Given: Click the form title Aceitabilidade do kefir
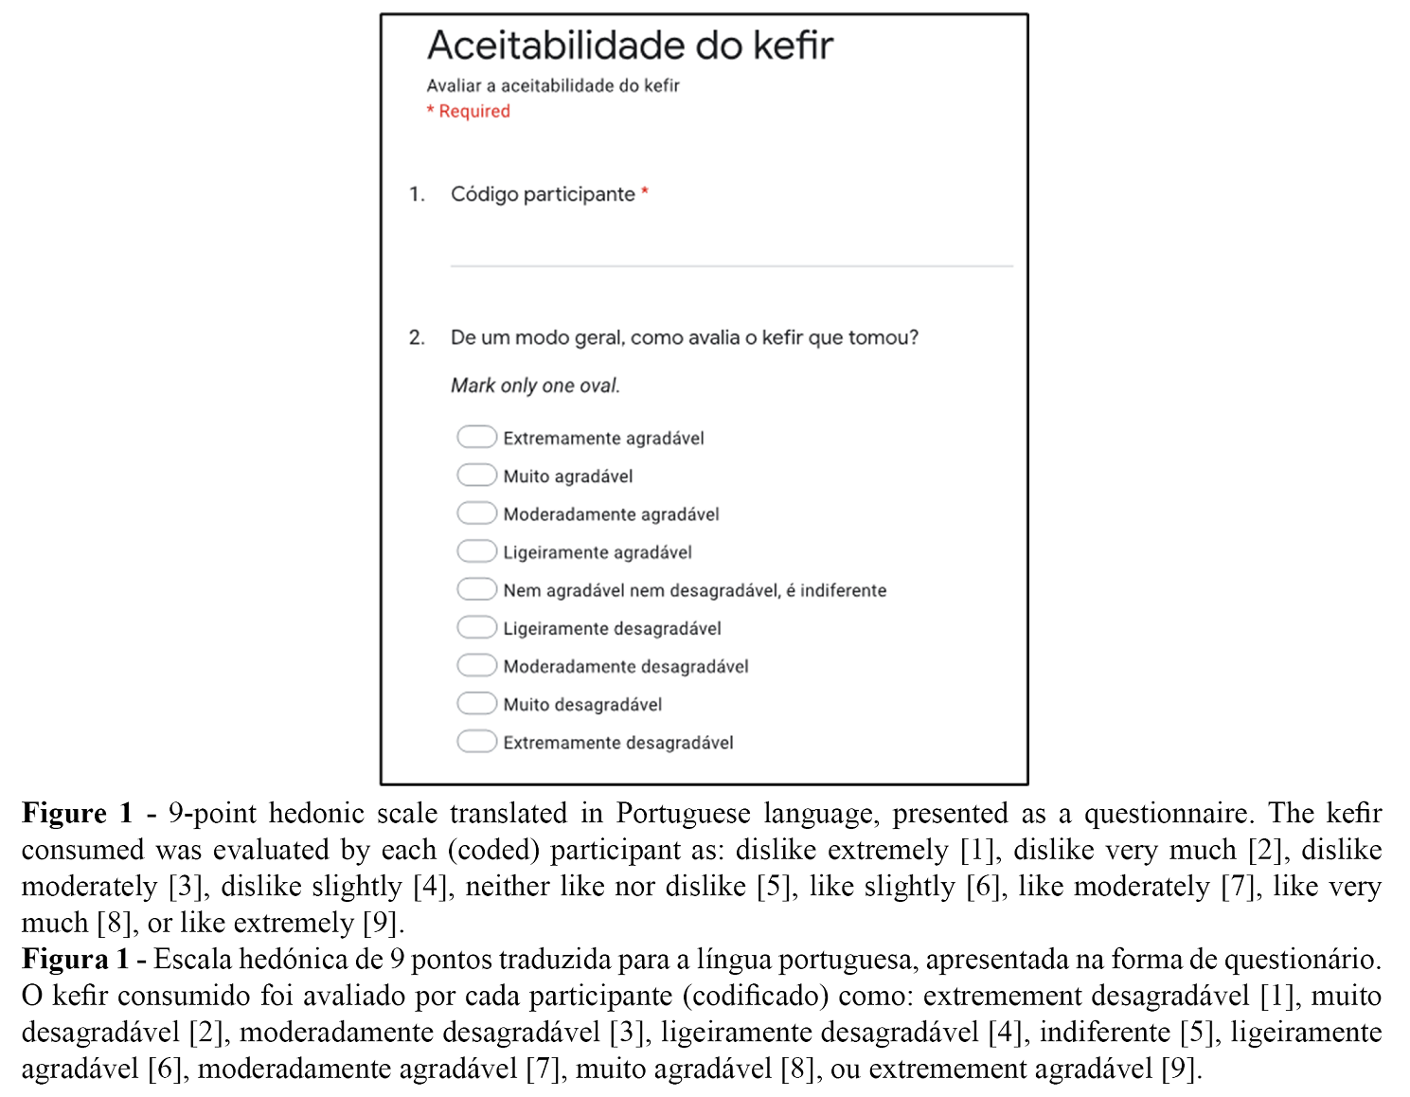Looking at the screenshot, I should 630,45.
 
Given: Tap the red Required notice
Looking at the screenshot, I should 469,111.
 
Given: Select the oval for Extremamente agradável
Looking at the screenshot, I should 476,437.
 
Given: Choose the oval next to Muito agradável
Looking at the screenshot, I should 476,475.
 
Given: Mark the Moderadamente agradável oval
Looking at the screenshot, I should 476,513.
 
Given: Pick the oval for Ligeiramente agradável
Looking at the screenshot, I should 476,550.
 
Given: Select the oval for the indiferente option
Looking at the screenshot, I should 476,588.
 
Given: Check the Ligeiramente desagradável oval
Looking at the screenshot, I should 476,627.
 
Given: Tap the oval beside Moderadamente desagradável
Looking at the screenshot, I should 476,665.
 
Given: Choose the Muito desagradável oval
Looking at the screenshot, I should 476,703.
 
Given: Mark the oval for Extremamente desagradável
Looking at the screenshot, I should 476,741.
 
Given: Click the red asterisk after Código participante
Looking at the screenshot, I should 645,191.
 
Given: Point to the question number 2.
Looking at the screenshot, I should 417,337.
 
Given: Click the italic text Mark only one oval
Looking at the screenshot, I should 535,386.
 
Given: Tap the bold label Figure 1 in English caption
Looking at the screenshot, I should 78,814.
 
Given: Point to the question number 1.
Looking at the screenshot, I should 417,194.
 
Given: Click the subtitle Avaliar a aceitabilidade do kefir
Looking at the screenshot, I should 553,85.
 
